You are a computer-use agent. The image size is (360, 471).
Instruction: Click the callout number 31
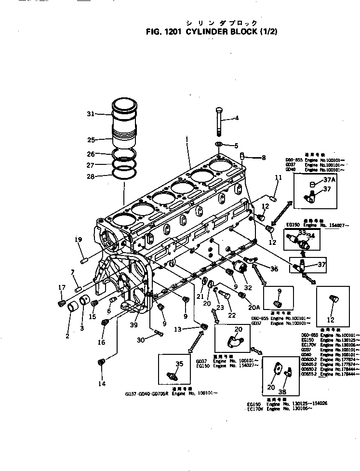tap(90, 114)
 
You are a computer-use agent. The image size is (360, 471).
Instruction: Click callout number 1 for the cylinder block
tap(186, 139)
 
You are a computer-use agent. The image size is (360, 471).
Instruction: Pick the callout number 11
tap(278, 178)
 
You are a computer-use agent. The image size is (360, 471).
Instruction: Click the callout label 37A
tap(329, 180)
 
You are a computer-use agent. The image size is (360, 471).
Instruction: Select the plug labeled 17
tap(62, 302)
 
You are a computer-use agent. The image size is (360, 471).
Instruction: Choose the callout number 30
tap(140, 340)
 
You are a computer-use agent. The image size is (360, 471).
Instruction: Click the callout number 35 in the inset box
tap(179, 364)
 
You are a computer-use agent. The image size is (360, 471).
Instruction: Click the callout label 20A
tap(254, 307)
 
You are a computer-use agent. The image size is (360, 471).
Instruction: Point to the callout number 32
tap(248, 287)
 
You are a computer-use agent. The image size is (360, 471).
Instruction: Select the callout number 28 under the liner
tap(90, 177)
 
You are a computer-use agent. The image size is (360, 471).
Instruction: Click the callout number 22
tap(232, 315)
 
